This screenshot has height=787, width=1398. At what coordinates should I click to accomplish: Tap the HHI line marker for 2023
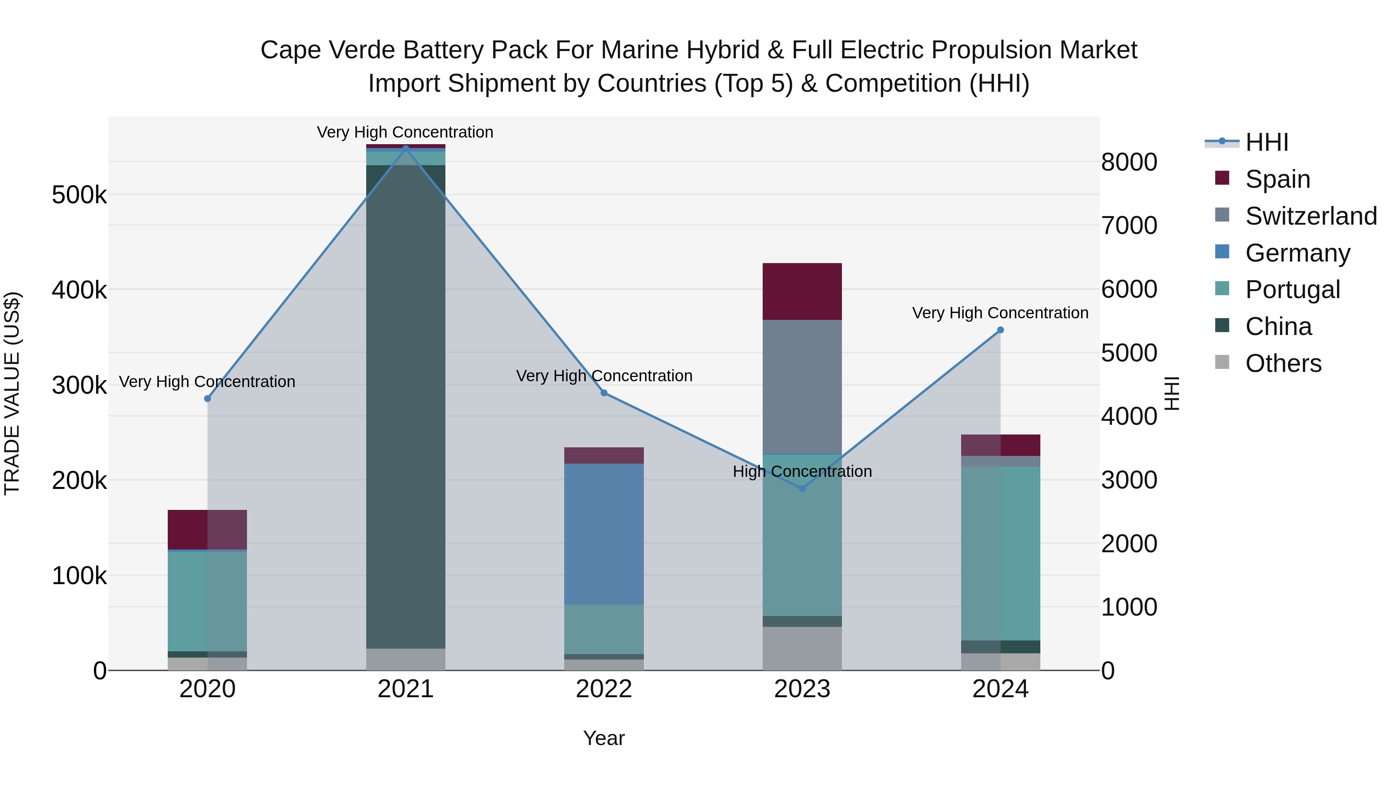[x=802, y=488]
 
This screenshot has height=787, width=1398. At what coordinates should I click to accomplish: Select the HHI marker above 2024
[x=1001, y=330]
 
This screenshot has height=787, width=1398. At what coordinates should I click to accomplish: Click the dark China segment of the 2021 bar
[x=405, y=407]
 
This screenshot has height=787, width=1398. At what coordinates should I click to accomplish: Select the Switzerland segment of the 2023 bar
[x=802, y=386]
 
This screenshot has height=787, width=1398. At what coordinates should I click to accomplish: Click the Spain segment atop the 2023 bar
[x=802, y=291]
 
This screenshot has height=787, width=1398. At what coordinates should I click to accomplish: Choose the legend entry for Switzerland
[x=1311, y=216]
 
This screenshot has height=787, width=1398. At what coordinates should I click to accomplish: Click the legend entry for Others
[x=1283, y=363]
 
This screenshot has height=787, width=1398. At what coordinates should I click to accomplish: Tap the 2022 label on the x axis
[x=603, y=689]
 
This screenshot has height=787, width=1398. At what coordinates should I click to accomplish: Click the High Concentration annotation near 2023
[x=802, y=471]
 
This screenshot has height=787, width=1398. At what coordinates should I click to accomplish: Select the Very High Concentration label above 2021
[x=405, y=132]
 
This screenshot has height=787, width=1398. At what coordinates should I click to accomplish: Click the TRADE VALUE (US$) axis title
[x=12, y=393]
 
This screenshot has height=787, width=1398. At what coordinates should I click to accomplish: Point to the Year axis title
[x=603, y=738]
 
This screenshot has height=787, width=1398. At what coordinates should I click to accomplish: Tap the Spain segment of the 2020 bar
[x=207, y=530]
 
